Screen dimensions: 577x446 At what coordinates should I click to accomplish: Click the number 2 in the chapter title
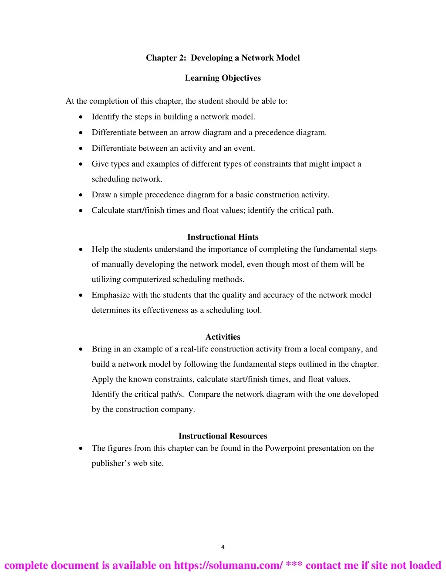[182, 58]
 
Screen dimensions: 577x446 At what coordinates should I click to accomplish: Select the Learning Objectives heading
[223, 78]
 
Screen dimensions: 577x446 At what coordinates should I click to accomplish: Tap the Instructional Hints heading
[223, 237]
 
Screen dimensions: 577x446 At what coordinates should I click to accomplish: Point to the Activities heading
[223, 337]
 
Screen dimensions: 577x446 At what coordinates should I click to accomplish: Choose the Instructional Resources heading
[223, 436]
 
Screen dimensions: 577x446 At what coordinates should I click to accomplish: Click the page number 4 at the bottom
[223, 547]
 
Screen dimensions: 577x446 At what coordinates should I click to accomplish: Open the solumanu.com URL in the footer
[228, 565]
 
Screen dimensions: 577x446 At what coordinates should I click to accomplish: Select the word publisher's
[111, 463]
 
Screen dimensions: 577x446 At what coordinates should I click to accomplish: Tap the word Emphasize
[111, 295]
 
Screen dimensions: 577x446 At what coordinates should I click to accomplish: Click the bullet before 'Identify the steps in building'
[81, 117]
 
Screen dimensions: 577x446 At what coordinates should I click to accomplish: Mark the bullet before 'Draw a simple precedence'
[81, 195]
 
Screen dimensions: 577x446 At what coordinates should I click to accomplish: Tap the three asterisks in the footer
[294, 565]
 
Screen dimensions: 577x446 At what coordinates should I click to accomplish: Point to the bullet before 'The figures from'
[81, 449]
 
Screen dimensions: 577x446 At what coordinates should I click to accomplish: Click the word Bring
[101, 349]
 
